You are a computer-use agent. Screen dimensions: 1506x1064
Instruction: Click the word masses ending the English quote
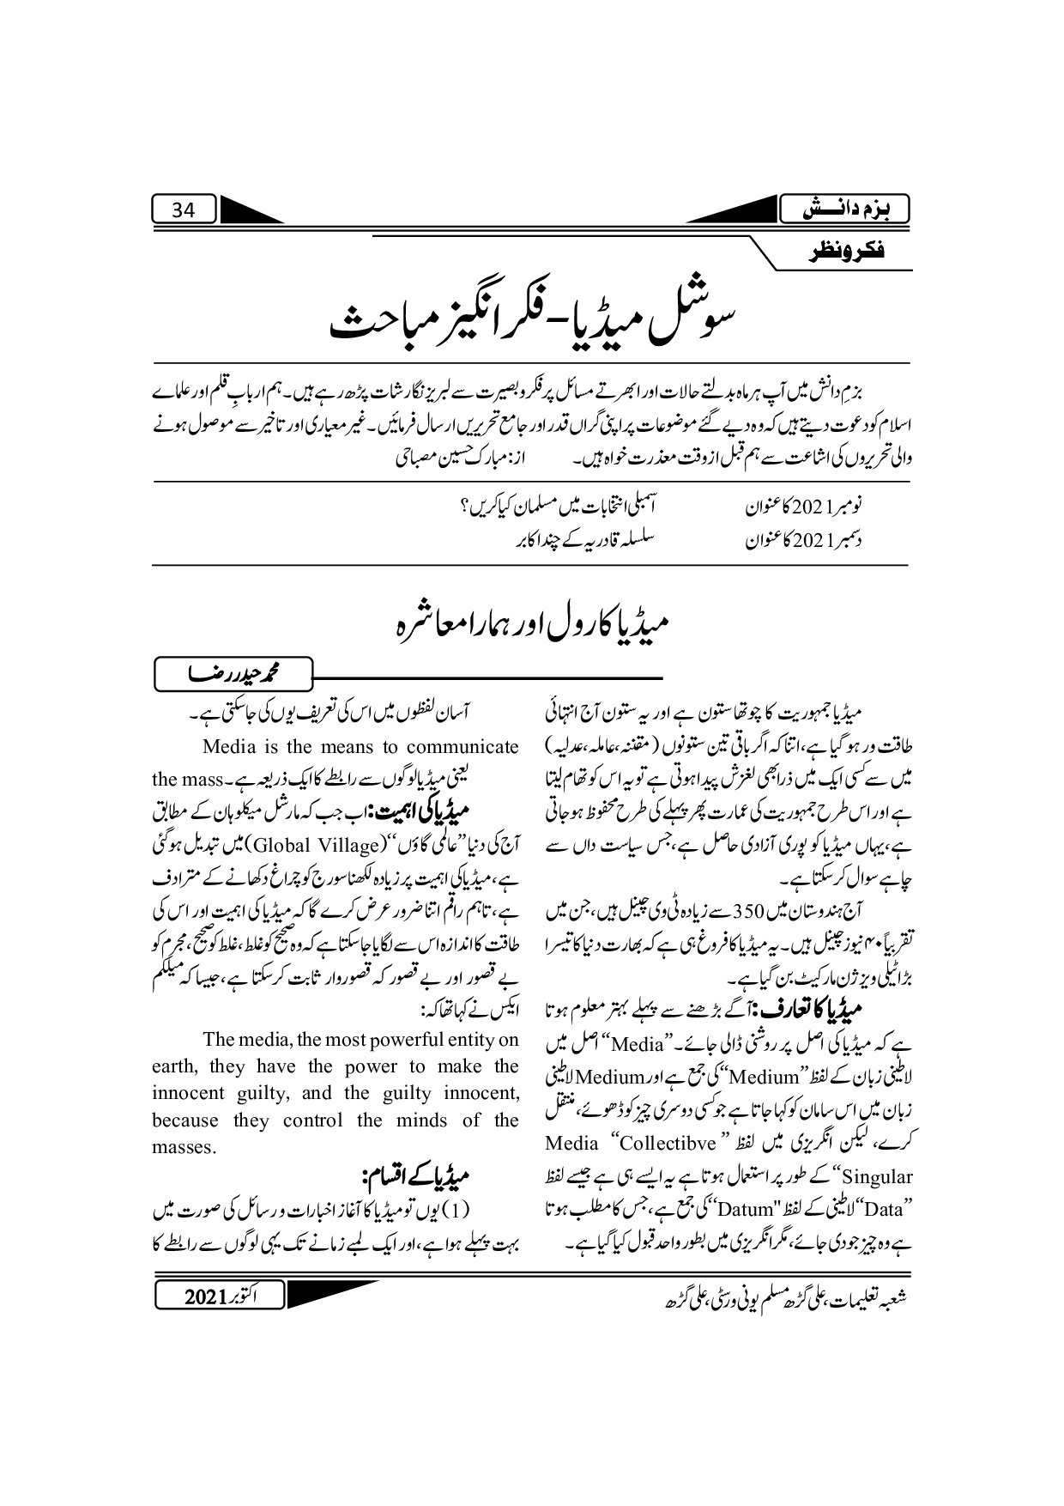183,1147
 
